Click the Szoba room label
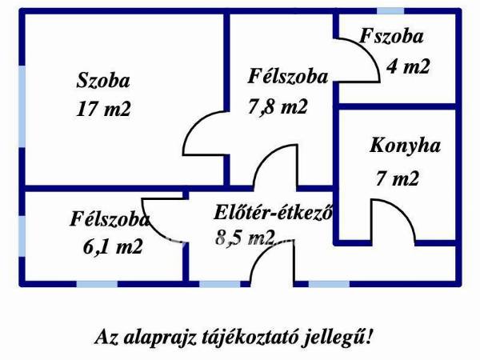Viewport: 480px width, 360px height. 103,81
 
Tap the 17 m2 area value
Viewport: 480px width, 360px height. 103,109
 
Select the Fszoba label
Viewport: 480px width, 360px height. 391,36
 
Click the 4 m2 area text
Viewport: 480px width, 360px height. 408,66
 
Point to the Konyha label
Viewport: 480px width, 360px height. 405,146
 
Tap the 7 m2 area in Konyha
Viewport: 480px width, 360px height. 397,178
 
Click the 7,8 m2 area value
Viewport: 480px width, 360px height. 278,107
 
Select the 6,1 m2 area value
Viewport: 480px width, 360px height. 113,246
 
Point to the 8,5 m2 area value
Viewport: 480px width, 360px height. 245,237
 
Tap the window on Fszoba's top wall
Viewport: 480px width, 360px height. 390,11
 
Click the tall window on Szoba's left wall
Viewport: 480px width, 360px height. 22,106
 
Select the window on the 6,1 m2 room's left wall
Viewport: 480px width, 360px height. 22,236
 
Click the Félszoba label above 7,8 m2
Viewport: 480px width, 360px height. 288,76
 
